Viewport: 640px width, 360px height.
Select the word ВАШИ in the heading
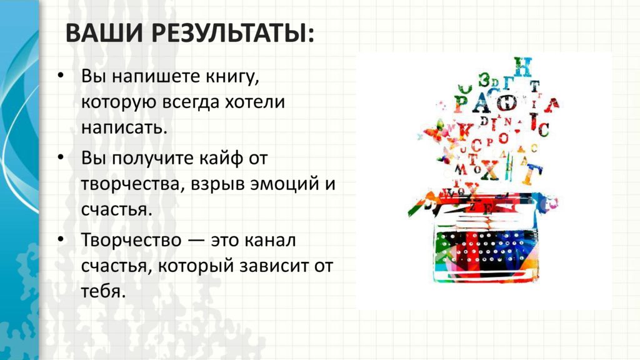pos(104,33)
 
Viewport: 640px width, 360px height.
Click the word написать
pos(124,128)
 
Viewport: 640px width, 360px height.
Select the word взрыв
pos(215,184)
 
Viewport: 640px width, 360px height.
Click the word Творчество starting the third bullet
pos(131,240)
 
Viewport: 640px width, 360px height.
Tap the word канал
pos(270,241)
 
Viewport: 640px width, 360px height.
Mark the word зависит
pos(274,266)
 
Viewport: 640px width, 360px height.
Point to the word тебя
pos(103,291)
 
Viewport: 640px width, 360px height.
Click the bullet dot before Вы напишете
pos(61,76)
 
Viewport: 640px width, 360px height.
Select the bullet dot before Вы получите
pos(61,157)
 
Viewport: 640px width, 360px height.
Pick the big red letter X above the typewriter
pos(490,170)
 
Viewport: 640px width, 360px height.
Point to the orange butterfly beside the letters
pos(434,131)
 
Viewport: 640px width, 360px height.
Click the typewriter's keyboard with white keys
pos(482,248)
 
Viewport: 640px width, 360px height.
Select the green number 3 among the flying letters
pos(484,79)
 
